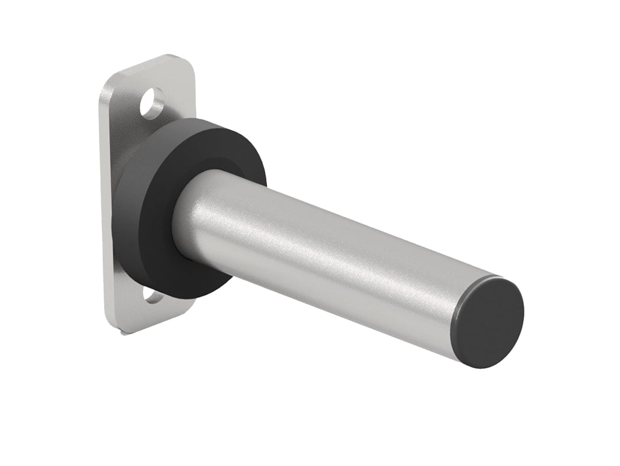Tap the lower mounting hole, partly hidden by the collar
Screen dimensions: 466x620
pos(152,295)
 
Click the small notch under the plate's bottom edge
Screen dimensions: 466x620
pos(124,333)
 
